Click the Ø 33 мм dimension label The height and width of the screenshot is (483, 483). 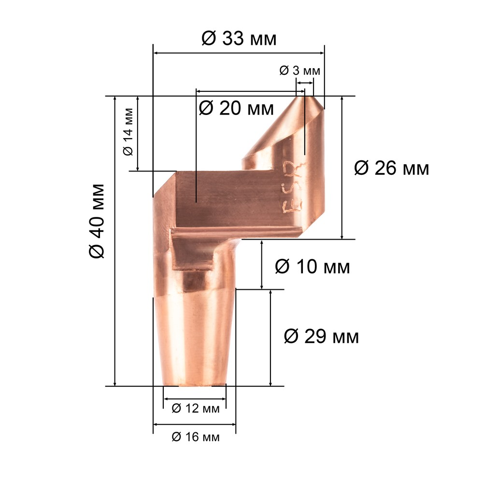pos(239,39)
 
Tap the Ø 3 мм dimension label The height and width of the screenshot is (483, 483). pos(300,71)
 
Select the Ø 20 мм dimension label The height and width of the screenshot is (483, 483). pos(236,108)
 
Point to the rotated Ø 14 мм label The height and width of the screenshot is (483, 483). pos(128,132)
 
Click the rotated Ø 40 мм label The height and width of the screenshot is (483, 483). pos(97,221)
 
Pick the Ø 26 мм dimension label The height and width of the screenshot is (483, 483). pos(392,168)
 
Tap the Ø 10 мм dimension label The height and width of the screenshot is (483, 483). pos(313,267)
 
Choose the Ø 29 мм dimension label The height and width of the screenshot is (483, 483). pos(321,336)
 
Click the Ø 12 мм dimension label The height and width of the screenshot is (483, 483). pos(196,409)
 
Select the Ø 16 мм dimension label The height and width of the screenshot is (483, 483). pos(196,437)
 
